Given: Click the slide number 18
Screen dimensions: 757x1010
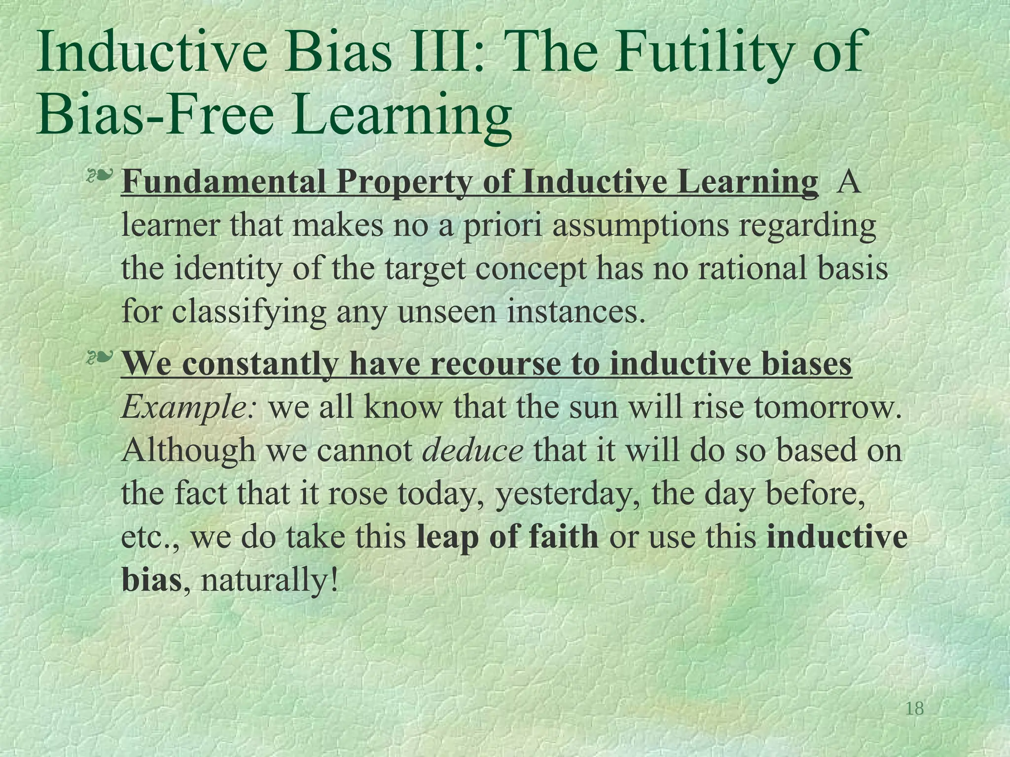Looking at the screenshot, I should [x=915, y=709].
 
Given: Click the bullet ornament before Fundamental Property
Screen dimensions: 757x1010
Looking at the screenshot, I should [x=100, y=176].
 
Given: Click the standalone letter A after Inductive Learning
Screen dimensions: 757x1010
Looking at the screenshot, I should [x=849, y=182].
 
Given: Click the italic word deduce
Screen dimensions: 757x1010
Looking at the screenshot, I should [x=473, y=450].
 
